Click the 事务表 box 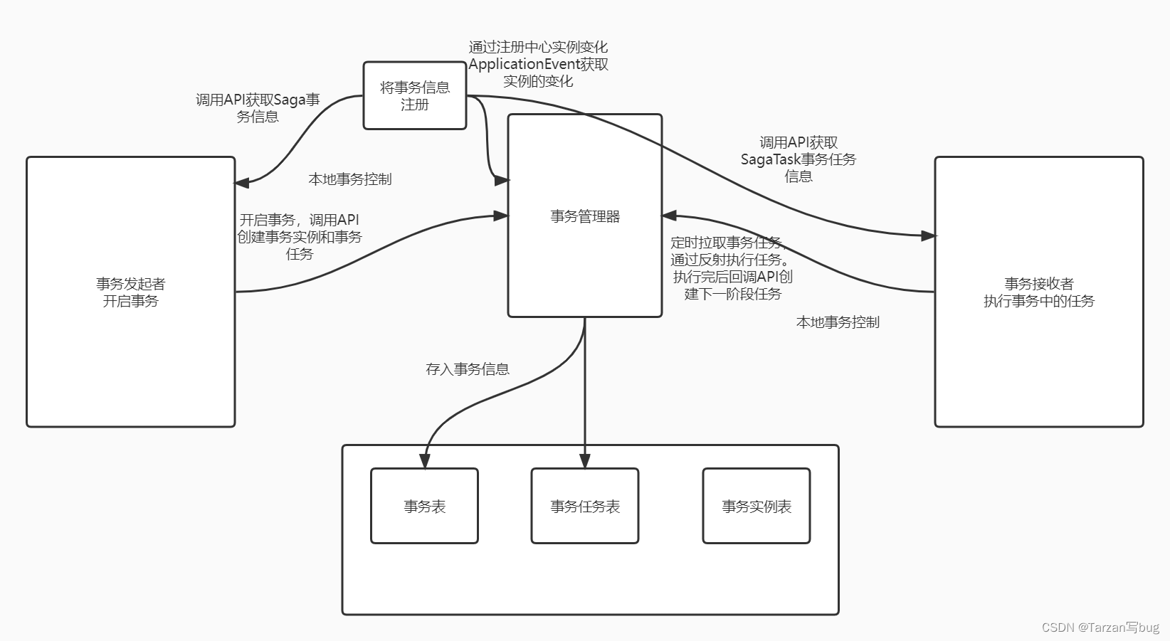coord(424,506)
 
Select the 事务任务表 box coord(584,506)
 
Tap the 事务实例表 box coord(756,506)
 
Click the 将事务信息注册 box coord(414,95)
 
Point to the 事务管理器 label coord(584,216)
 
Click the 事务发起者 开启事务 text coord(130,292)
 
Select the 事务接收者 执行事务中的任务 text coord(1038,292)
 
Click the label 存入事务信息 coord(467,369)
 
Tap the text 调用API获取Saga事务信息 coord(258,107)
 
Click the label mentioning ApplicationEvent coord(538,64)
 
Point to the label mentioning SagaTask coord(798,159)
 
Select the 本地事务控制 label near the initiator coord(349,179)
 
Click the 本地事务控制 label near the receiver coord(837,322)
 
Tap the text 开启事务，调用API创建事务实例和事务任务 coord(299,236)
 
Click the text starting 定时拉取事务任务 coord(732,268)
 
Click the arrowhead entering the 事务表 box coord(425,461)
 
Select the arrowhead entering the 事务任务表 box coord(584,461)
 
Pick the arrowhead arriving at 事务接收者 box coord(928,235)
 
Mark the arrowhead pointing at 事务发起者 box coord(242,183)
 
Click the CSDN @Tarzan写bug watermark coord(1100,627)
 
